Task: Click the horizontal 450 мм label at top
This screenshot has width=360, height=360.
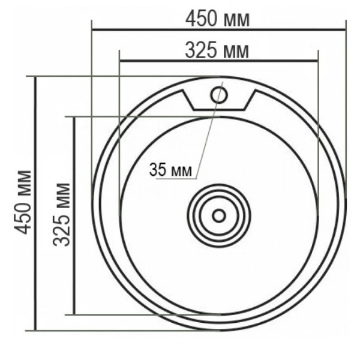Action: click(x=217, y=19)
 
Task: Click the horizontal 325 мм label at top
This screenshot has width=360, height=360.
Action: click(x=217, y=50)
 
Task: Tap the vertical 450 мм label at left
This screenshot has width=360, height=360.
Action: click(x=23, y=202)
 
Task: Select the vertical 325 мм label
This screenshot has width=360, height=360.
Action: click(x=62, y=215)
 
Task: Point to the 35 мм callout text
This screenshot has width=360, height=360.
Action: click(x=170, y=170)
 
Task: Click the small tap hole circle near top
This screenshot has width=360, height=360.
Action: click(x=219, y=95)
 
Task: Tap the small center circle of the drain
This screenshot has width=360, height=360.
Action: click(x=219, y=216)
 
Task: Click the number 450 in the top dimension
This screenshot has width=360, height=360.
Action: click(x=201, y=19)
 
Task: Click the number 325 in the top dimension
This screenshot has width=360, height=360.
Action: click(x=200, y=50)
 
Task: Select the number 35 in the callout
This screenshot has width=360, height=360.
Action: click(x=157, y=170)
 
